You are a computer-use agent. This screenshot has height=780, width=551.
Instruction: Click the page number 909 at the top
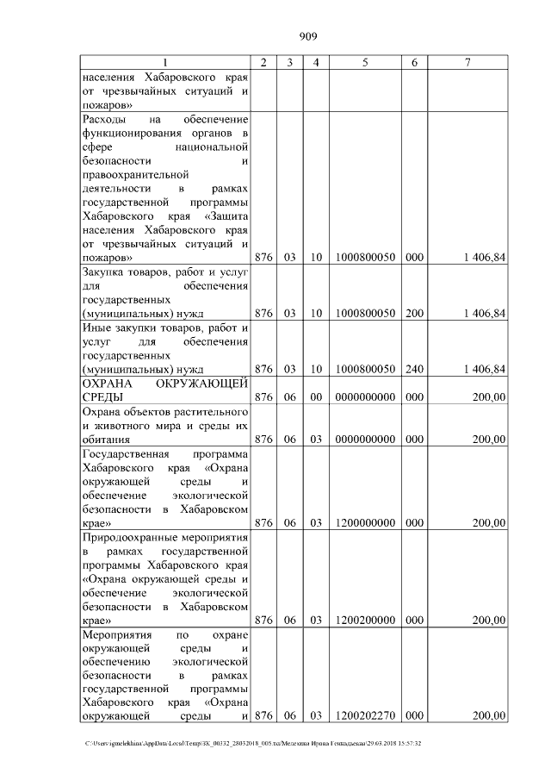coord(308,36)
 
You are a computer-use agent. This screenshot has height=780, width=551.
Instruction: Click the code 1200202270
coord(365,715)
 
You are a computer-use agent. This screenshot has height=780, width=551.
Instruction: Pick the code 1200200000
coord(365,620)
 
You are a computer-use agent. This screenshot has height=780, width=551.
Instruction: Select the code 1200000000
coord(365,523)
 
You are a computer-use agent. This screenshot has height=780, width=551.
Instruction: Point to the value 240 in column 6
coord(414,369)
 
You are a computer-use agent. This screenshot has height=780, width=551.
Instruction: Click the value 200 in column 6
coord(414,313)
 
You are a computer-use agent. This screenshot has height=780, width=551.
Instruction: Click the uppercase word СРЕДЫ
coord(102,396)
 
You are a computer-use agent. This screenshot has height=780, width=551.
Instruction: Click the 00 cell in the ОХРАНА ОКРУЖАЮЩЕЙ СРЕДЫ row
coord(316,396)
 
